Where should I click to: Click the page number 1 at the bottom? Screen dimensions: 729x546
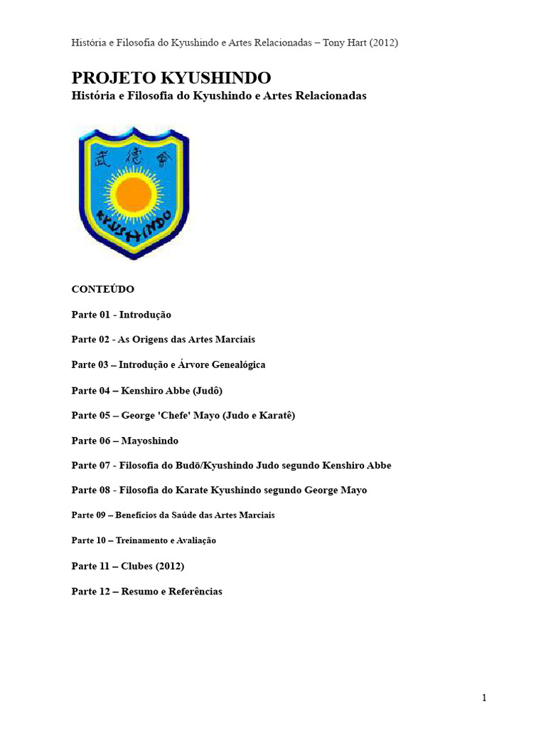click(484, 698)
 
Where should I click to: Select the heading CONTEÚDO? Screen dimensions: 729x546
click(103, 289)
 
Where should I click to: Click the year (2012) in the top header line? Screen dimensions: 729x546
click(380, 43)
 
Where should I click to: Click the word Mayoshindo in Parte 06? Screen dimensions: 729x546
click(150, 441)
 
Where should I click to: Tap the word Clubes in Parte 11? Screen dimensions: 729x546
click(138, 566)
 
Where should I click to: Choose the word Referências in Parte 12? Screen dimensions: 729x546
click(196, 592)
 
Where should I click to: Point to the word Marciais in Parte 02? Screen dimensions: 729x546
click(232, 340)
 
